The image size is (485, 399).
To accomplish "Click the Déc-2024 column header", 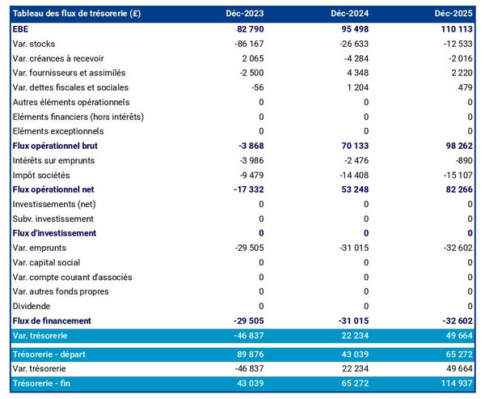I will (349, 15).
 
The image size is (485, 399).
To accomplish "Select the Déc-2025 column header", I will (453, 15).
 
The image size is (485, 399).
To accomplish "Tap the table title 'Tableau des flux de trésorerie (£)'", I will (81, 15).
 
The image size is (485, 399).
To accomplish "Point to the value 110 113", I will (454, 29).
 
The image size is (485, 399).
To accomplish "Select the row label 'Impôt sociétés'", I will (41, 175).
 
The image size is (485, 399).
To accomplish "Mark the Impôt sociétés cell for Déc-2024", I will (350, 175).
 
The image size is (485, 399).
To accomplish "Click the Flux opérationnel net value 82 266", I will (456, 189).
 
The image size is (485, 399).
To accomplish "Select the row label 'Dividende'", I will (32, 306).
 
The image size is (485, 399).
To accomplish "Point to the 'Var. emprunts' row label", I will (40, 248).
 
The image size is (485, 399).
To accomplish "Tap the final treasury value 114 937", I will (454, 384).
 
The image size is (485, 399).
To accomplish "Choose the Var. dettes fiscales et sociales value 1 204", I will (355, 87).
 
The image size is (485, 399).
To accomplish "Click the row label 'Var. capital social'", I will (51, 262).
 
